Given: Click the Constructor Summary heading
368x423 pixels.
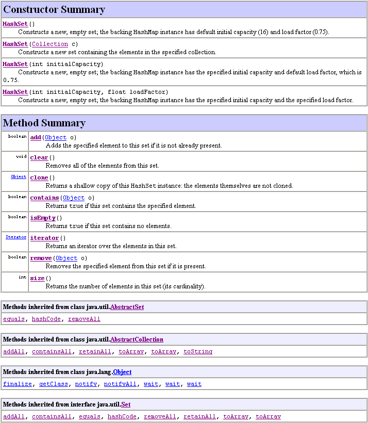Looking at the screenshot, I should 54,10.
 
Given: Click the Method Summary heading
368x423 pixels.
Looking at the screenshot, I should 44,123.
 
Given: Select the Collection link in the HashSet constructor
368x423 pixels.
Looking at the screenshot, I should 50,44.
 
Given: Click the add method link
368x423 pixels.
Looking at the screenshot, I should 36,138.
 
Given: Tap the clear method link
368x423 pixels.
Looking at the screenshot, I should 39,158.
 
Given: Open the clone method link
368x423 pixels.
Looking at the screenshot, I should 39,178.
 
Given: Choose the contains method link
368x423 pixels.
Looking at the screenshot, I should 44,198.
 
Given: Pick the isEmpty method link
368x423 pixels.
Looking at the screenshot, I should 43,218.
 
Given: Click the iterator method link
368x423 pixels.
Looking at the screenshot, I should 44,238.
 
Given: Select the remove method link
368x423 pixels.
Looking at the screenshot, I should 41,258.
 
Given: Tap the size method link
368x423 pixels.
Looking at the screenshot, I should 37,279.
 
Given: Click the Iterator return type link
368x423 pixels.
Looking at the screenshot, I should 16,237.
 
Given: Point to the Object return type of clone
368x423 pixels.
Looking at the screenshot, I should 19,176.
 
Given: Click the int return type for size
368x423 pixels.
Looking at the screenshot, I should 23,277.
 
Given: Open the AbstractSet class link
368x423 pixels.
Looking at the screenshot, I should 127,307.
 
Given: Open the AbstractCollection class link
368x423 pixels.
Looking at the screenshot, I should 137,339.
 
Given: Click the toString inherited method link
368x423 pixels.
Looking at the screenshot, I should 198,352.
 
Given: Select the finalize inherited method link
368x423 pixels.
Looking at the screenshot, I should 14,384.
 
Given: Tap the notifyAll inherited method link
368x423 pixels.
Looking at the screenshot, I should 120,384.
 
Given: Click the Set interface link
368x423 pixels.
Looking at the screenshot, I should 126,404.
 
